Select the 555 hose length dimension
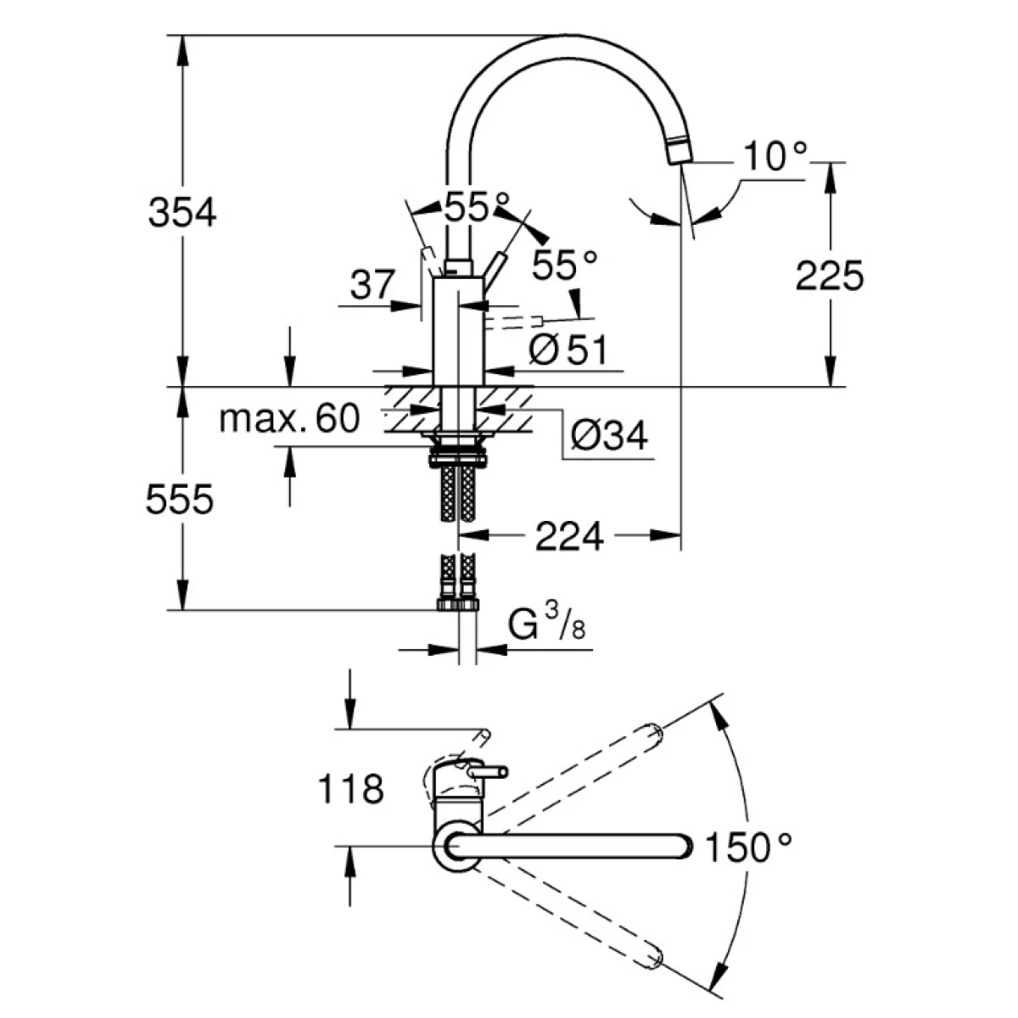[179, 501]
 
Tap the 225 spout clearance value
[829, 276]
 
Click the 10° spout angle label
[775, 157]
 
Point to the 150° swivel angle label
[750, 847]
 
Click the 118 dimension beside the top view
[350, 790]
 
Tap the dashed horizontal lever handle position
[513, 321]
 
